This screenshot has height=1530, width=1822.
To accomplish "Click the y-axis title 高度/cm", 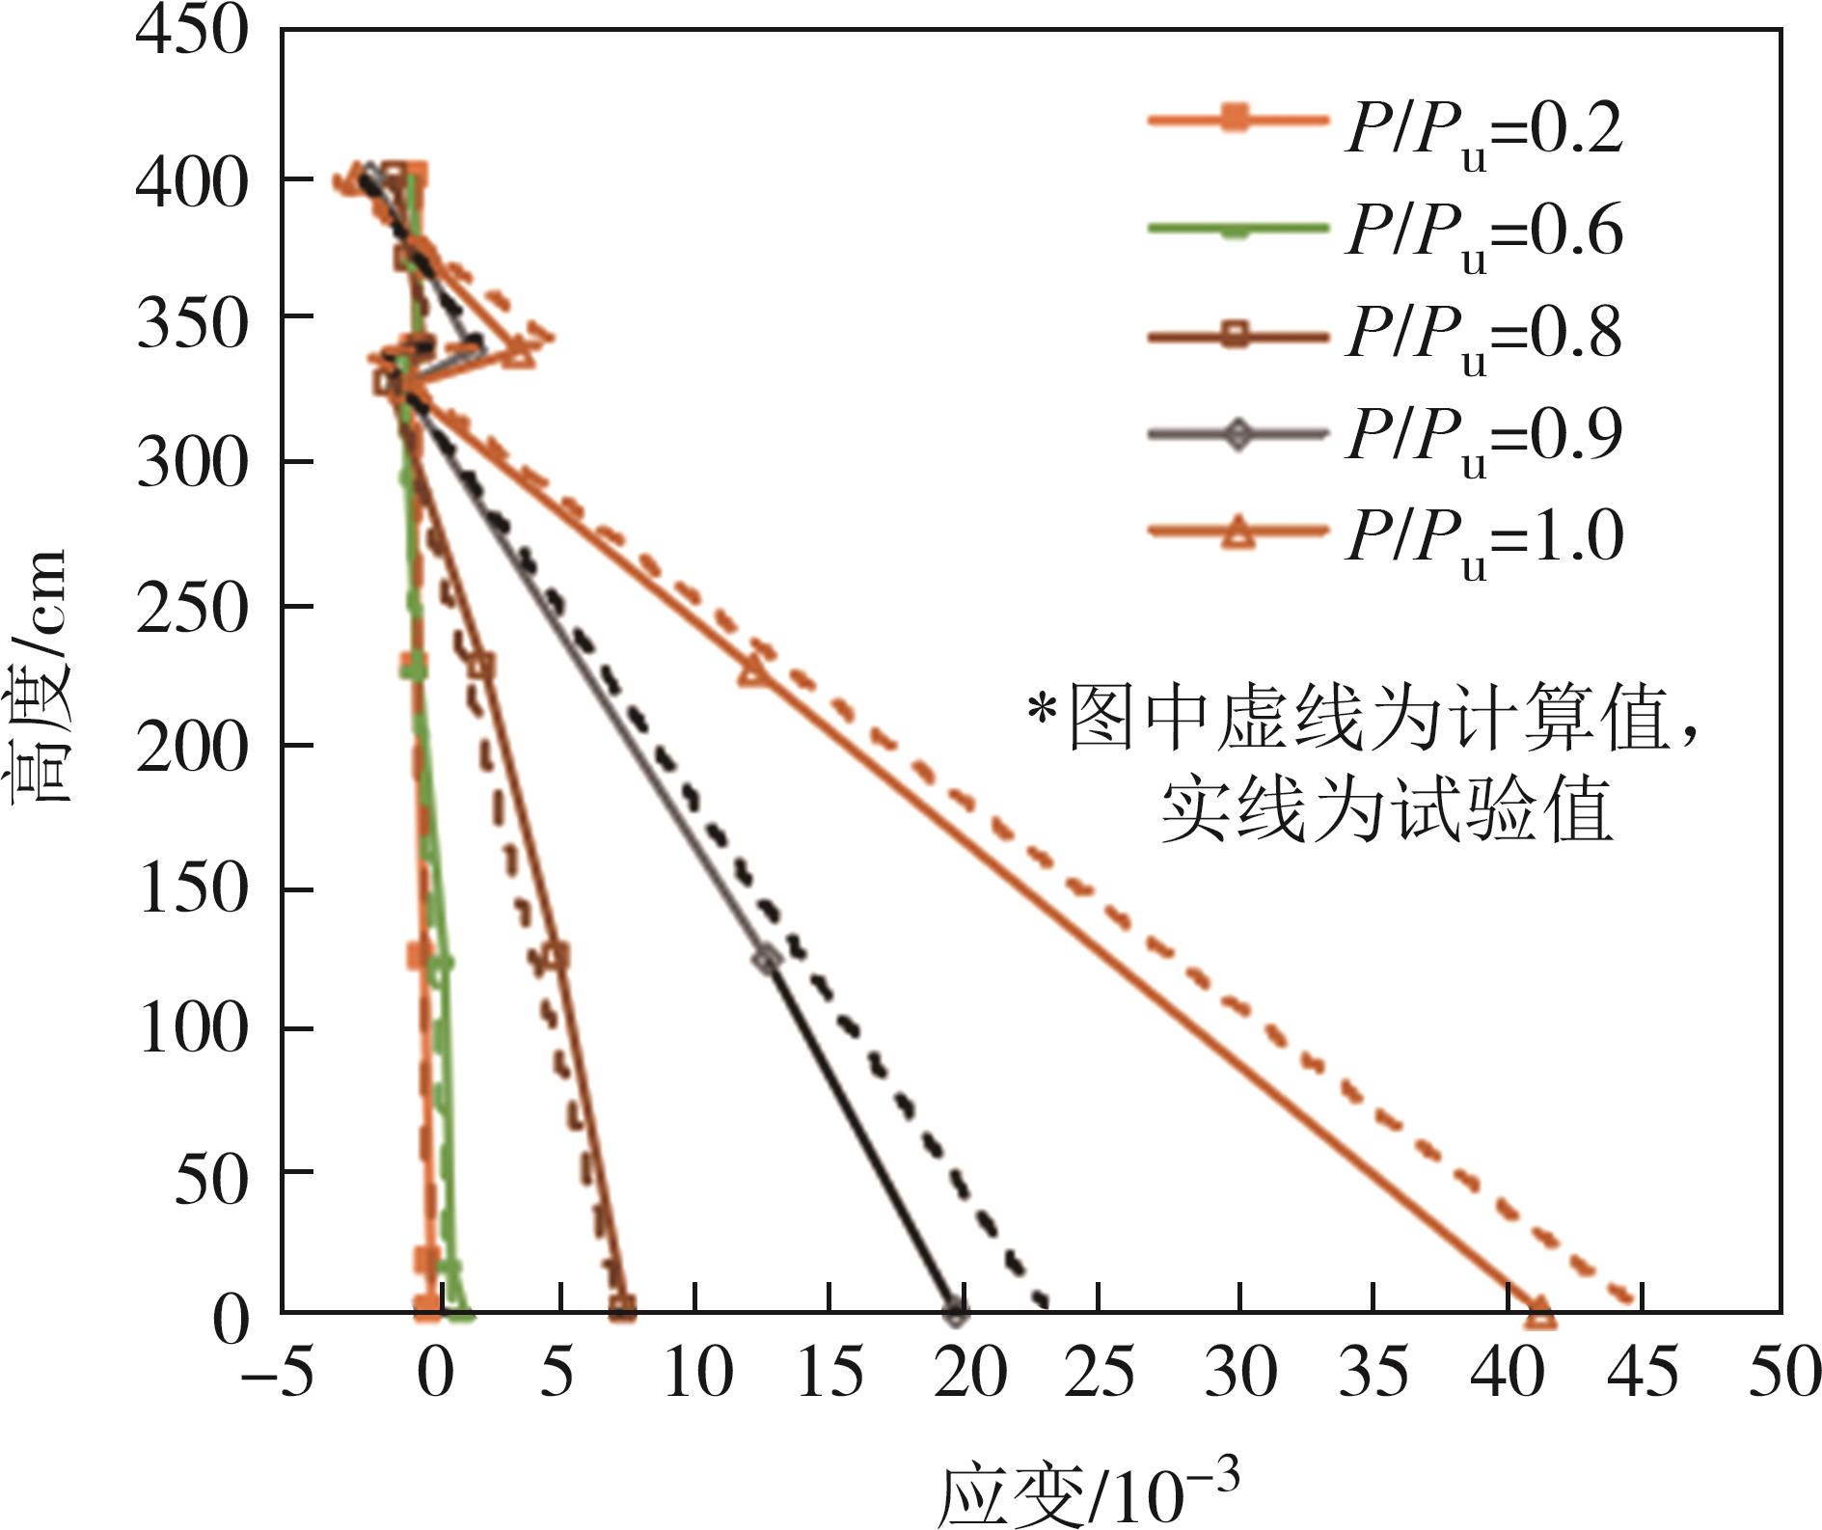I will coord(41,675).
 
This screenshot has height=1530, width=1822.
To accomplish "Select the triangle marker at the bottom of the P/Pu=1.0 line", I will coord(1540,1315).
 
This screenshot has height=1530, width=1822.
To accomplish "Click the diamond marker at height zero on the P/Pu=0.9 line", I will coord(955,1312).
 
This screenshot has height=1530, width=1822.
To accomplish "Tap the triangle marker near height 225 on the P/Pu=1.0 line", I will coord(754,671).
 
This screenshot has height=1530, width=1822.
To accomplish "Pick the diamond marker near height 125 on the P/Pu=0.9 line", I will coord(767,959).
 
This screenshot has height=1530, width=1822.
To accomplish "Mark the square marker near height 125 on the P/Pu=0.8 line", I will coord(556,956).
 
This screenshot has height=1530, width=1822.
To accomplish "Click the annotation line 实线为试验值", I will coord(1387,812).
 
